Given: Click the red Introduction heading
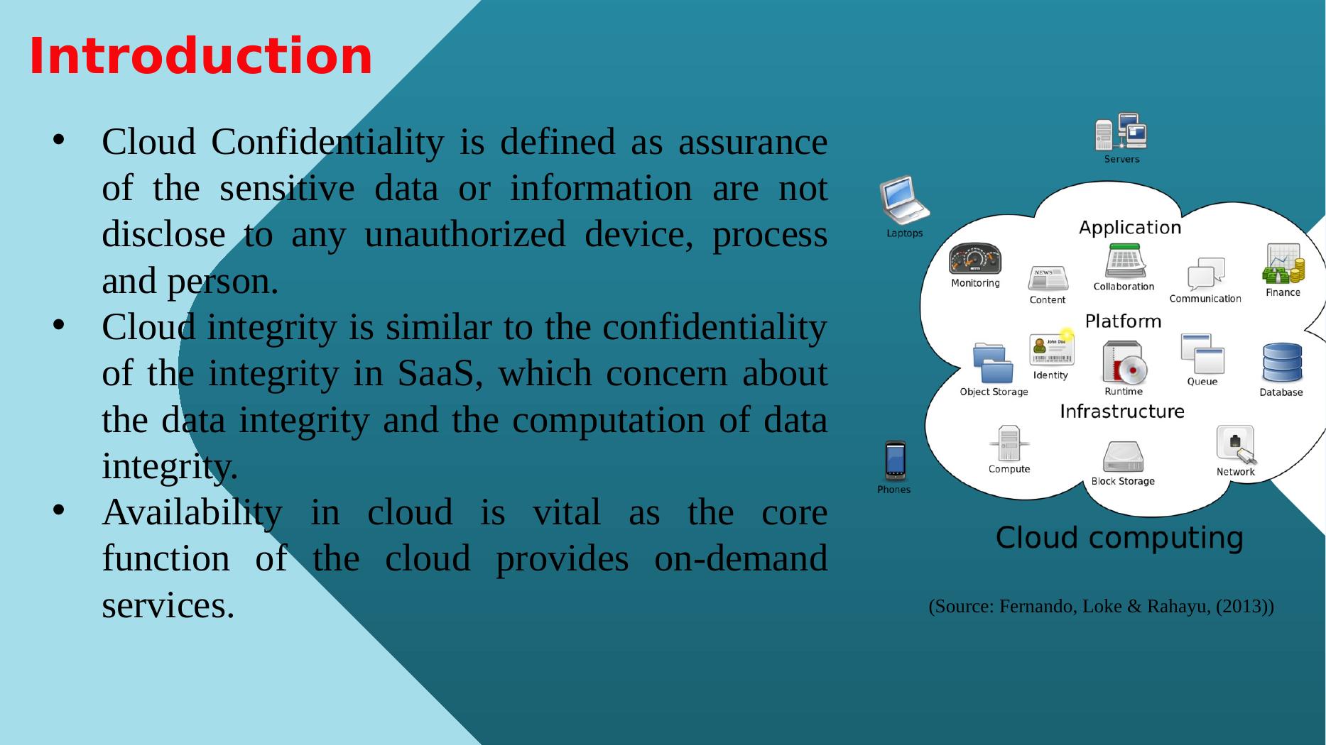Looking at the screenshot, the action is tap(200, 56).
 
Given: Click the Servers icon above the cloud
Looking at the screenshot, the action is tap(1121, 132).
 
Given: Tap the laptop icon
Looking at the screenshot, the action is tap(903, 200).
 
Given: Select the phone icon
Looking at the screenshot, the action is tap(895, 461).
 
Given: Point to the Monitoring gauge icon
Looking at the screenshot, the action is tap(975, 259).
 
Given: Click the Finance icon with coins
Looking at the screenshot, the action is tap(1283, 264).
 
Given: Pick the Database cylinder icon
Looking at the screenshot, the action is tap(1282, 363).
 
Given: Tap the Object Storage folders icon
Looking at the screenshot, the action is tap(993, 363).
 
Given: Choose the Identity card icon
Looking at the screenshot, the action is tap(1052, 348).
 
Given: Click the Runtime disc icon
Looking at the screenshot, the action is tap(1124, 363).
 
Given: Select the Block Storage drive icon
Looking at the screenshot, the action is tap(1123, 457).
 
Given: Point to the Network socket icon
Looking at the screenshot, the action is tap(1236, 444).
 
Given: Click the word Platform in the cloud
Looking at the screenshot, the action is tap(1123, 321).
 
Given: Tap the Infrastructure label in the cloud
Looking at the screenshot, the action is tap(1122, 412).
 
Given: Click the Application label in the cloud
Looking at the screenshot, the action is tap(1130, 228).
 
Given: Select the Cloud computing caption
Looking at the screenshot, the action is tap(1119, 538).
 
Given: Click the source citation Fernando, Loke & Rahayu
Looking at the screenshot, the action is tap(1101, 607).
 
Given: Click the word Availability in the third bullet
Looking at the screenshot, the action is tap(192, 513).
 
